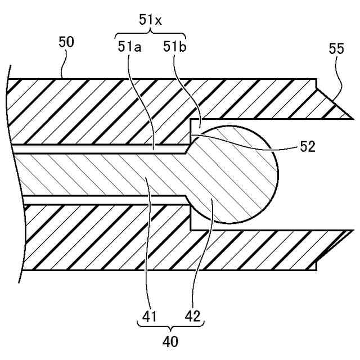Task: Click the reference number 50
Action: pos(66,42)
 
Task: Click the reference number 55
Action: pos(337,49)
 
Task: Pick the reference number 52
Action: pos(308,147)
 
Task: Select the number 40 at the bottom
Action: pos(170,341)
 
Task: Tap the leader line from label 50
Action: pos(63,65)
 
